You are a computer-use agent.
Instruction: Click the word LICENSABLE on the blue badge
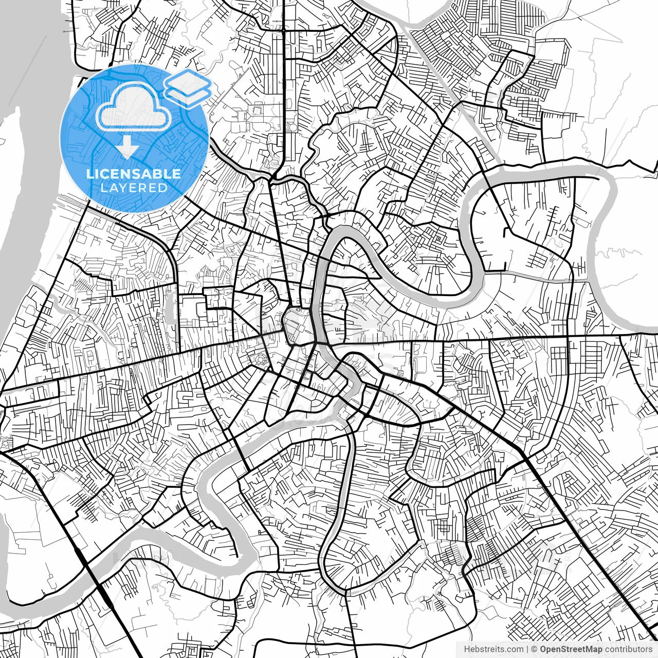(x=134, y=174)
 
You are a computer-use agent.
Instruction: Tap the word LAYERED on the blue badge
(x=134, y=188)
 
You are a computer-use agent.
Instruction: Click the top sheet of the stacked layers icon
(x=188, y=81)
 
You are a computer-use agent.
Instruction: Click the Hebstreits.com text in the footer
(x=493, y=649)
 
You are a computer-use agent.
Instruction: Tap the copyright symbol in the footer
(x=534, y=649)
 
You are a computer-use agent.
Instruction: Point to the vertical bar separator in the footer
(x=528, y=649)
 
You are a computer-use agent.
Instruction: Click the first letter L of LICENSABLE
(x=89, y=174)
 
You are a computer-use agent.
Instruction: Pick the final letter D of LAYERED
(x=163, y=188)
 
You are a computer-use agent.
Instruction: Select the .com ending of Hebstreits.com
(x=515, y=649)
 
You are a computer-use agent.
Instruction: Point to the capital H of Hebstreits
(x=466, y=649)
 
